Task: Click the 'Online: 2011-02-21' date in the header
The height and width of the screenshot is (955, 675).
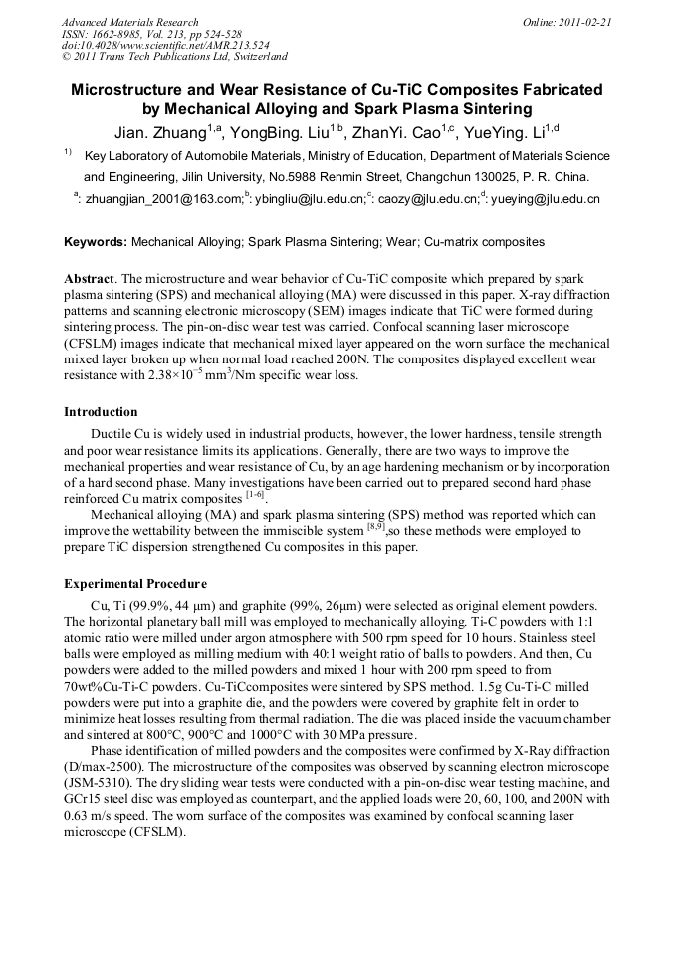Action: [567, 22]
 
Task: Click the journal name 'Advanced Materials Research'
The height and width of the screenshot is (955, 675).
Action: [129, 22]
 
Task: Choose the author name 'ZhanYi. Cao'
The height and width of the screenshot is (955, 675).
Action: [399, 133]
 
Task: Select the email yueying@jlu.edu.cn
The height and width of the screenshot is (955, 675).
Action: [544, 200]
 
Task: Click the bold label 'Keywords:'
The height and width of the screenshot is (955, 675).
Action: [96, 242]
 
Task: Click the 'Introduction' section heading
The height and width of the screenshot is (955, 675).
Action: [101, 411]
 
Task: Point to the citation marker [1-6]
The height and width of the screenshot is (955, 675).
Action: [256, 494]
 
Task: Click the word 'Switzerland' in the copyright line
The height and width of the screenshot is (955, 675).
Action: [253, 58]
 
